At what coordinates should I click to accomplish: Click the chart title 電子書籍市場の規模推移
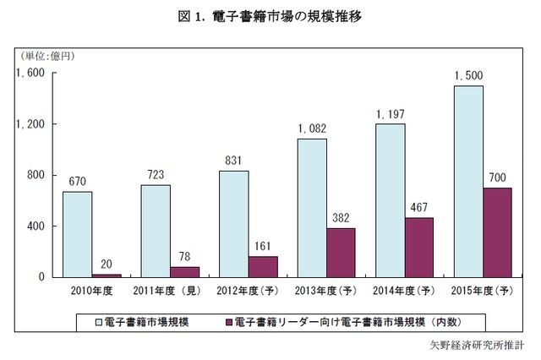pos(270,16)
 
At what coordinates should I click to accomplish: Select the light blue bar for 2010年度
pos(77,234)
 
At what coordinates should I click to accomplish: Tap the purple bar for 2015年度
pos(497,232)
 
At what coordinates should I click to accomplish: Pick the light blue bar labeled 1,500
pos(467,182)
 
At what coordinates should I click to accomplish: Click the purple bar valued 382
pos(341,253)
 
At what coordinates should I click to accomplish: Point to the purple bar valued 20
pos(107,275)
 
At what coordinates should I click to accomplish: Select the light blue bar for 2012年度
pos(233,224)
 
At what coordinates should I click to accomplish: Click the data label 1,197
pos(390,114)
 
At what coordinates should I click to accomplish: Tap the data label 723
pos(156,175)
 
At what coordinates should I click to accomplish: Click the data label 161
pos(263,246)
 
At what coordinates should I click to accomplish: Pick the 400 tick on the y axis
pos(35,226)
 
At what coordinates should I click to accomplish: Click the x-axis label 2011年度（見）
pos(170,292)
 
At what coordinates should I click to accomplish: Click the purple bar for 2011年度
pos(184,272)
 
